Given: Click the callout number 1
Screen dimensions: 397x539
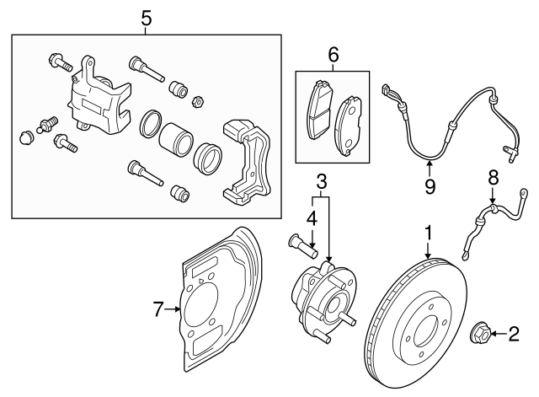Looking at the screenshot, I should pos(429,230).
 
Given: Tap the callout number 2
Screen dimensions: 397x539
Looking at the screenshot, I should pos(512,335).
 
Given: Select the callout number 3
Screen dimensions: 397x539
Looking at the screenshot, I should pos(321,180).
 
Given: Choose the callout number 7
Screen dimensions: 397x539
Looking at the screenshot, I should pos(157,310).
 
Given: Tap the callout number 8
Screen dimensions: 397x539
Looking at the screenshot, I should pos(493,176).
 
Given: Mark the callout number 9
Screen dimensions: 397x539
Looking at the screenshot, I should pos(430,185).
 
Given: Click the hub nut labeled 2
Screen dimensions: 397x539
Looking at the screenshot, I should pos(478,335).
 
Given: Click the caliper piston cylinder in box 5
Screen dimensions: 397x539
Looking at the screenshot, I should pos(176,138).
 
